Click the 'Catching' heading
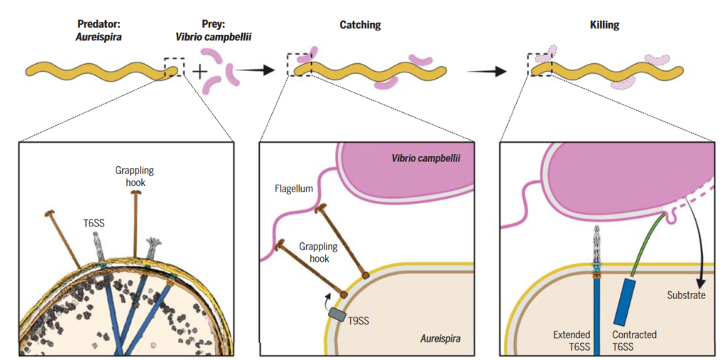coord(360,25)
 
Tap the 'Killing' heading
coord(604,25)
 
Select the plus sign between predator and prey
coord(200,71)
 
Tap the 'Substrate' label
coord(686,295)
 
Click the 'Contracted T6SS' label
coord(634,339)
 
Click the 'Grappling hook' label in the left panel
coord(134,176)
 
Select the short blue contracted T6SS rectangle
coord(626,301)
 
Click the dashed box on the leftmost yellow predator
coord(174,68)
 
